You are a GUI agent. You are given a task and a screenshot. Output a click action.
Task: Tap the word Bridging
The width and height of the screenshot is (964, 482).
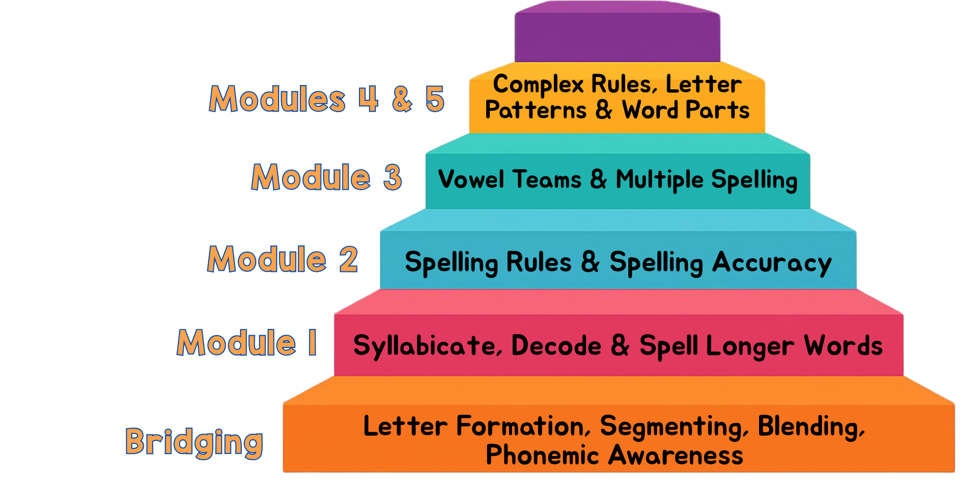(x=194, y=442)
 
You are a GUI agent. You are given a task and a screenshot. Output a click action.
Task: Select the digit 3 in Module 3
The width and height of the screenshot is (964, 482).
(x=393, y=177)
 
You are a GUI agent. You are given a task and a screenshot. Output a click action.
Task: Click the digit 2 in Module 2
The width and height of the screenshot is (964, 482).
(x=349, y=259)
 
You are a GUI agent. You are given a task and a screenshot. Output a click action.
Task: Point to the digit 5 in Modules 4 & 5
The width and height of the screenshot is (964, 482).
(x=435, y=99)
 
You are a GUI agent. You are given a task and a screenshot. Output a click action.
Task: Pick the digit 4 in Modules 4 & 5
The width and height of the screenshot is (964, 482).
(x=368, y=99)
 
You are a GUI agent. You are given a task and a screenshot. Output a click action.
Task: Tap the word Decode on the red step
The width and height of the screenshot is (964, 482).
(x=556, y=346)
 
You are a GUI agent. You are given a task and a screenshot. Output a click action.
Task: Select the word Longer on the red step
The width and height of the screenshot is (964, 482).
(x=750, y=346)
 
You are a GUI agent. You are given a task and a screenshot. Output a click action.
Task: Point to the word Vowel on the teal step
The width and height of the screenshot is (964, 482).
(x=471, y=180)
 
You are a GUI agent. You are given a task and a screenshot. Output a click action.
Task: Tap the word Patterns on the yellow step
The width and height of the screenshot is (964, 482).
(x=535, y=110)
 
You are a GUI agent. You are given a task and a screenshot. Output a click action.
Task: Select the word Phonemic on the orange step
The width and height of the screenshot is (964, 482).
(x=542, y=456)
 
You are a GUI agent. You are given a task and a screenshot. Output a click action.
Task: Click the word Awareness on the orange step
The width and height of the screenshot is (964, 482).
(x=676, y=456)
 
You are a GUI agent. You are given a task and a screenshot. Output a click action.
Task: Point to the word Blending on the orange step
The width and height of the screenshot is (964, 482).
(x=811, y=427)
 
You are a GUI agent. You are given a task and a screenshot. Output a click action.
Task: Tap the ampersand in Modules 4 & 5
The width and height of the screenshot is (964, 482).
(x=402, y=99)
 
